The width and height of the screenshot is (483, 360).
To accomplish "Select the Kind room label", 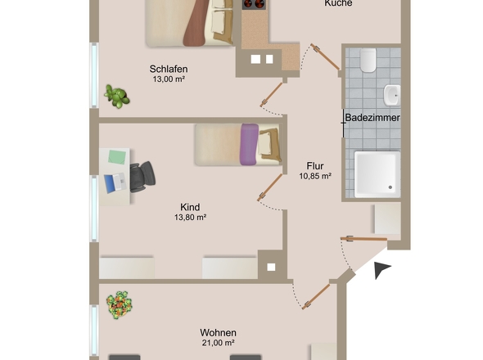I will tap(190, 207).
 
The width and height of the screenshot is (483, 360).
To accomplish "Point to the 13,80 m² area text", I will tap(190, 218).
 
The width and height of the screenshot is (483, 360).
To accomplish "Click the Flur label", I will tap(315, 164).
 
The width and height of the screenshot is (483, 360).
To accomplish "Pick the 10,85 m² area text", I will tap(315, 176).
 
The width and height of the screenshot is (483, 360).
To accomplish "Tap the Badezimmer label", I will tap(372, 119).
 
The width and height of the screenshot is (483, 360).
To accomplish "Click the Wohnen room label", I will tap(219, 332).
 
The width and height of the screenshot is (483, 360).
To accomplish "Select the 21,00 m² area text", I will tap(219, 344).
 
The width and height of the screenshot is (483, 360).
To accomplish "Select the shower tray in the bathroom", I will tap(377, 174).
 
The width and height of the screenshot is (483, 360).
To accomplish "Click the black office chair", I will tap(142, 174).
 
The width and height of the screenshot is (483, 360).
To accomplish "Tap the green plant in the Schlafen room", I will tap(117, 96).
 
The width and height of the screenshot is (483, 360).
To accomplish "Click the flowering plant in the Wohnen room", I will tap(121, 304).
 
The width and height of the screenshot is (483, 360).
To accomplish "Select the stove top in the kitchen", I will tap(255, 4).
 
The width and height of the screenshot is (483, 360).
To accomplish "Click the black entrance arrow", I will tap(382, 270).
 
